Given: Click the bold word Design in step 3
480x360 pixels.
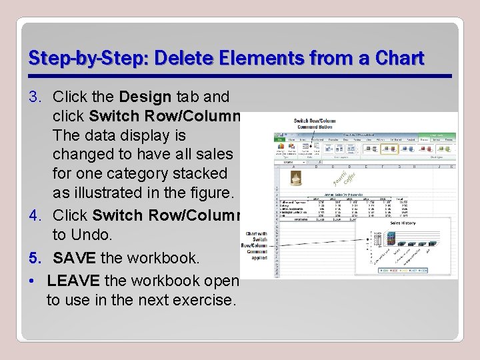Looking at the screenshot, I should [x=152, y=97].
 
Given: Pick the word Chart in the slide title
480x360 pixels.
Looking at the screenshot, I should [x=399, y=59].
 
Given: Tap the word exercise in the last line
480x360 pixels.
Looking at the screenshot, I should [x=203, y=300].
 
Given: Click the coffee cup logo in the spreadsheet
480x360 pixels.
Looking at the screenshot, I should [x=296, y=177].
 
